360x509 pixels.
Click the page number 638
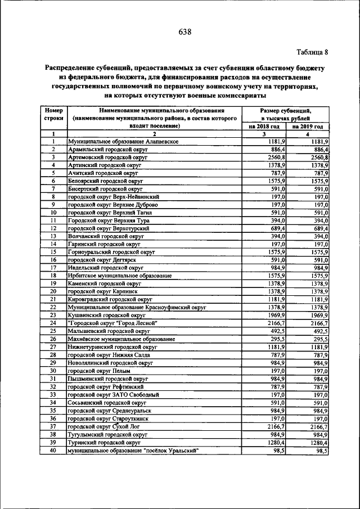(184, 31)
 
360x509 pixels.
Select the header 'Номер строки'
(53, 115)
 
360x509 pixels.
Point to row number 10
(53, 213)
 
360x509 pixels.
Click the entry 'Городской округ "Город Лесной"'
(112, 323)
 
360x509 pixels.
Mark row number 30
(53, 371)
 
